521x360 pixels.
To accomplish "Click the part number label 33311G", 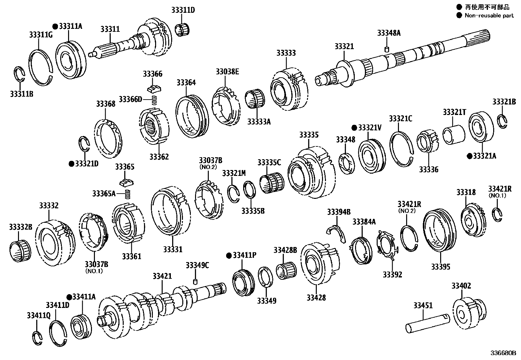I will click(41, 34).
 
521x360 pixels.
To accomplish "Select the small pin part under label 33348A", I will click(386, 49).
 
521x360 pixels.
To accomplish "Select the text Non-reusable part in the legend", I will click(489, 15).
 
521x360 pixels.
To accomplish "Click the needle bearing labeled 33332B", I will click(20, 251).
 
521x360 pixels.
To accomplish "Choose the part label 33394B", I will click(338, 212).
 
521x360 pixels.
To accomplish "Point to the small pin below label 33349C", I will click(196, 282).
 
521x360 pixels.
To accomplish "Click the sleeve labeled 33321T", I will click(454, 134).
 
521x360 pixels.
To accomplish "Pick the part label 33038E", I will click(227, 71).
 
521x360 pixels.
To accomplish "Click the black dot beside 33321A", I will click(470, 156).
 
